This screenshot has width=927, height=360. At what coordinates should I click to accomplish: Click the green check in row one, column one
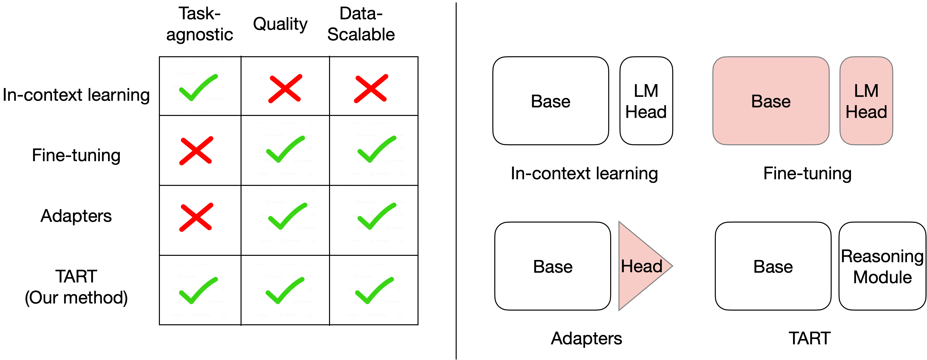(x=198, y=88)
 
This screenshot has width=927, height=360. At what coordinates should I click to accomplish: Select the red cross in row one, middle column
(x=285, y=89)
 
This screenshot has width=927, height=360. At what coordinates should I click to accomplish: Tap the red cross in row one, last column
(x=371, y=89)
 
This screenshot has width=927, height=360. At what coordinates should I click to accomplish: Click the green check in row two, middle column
(x=285, y=149)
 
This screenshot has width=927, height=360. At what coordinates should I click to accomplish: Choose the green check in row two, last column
(x=376, y=149)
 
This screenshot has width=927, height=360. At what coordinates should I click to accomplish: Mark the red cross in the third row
(x=196, y=217)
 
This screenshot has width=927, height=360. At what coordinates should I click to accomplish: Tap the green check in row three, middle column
(x=287, y=216)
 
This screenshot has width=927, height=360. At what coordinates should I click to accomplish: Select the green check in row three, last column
(x=376, y=216)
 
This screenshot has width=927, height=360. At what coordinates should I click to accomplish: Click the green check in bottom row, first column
(x=198, y=291)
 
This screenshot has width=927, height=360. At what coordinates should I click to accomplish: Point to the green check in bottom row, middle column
(x=284, y=291)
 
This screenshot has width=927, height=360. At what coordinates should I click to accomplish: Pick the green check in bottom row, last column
(x=374, y=291)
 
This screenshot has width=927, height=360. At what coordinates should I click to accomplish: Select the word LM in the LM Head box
(x=866, y=91)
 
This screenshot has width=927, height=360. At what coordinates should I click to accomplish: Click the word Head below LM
(x=866, y=112)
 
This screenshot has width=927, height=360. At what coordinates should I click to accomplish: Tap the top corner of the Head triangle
(x=620, y=224)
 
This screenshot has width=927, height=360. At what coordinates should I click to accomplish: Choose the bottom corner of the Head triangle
(x=620, y=308)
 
